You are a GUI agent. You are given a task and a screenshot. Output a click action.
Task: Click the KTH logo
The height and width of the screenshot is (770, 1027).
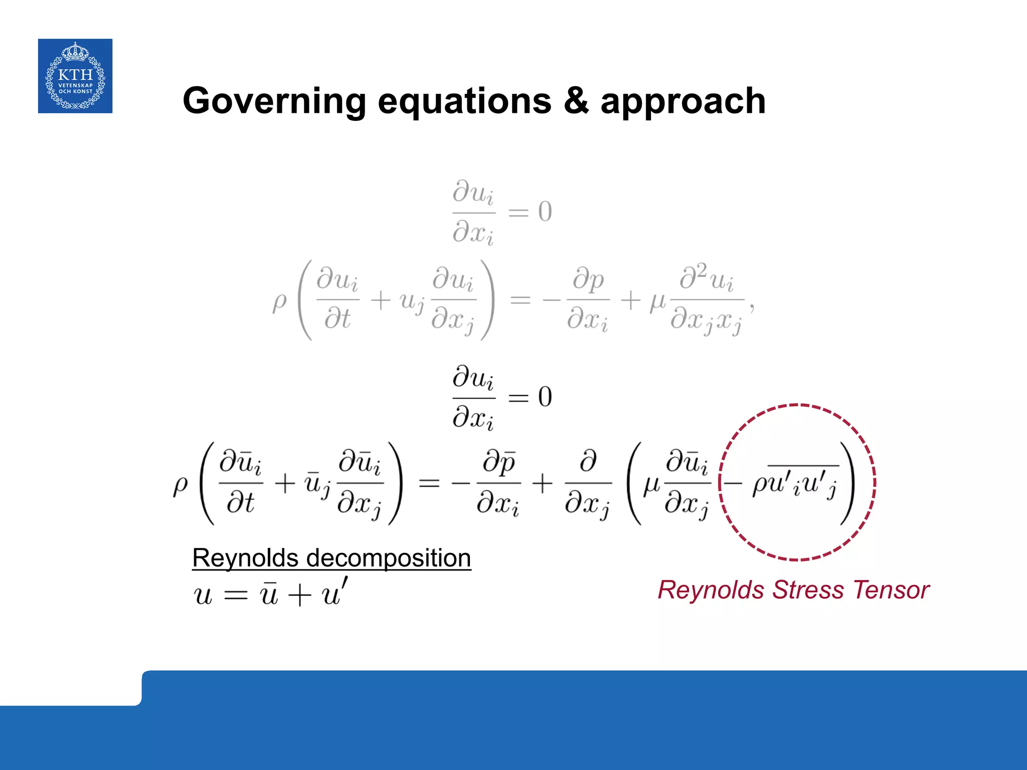pyautogui.click(x=75, y=76)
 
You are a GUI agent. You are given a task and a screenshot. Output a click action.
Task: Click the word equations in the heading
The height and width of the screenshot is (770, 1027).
pyautogui.click(x=464, y=101)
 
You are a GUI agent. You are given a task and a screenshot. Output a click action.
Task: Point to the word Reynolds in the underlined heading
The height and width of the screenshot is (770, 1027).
pyautogui.click(x=245, y=558)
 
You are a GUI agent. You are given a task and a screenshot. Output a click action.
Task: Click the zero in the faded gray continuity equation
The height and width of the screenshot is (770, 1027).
pyautogui.click(x=545, y=212)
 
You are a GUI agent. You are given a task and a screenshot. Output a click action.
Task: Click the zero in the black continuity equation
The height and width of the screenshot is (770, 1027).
pyautogui.click(x=545, y=397)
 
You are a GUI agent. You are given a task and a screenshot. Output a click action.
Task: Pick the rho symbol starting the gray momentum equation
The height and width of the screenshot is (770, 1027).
pyautogui.click(x=279, y=302)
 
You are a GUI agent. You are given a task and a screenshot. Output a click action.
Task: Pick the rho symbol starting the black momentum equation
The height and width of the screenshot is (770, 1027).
pyautogui.click(x=181, y=485)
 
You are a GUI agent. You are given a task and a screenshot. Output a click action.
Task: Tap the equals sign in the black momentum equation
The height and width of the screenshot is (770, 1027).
pyautogui.click(x=429, y=484)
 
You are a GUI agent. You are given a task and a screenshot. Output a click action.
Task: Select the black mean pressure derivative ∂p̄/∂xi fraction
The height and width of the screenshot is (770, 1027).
pyautogui.click(x=498, y=483)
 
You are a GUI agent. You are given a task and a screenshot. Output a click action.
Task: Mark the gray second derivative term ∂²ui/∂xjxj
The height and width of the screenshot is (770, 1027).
pyautogui.click(x=707, y=300)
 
